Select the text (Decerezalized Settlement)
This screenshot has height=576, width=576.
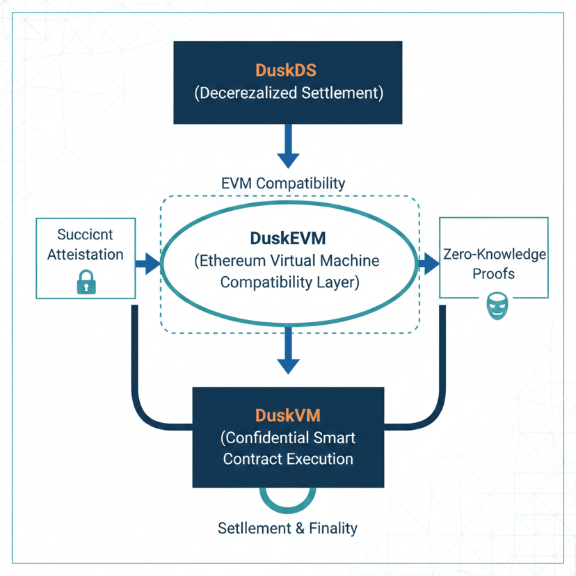pyautogui.click(x=287, y=93)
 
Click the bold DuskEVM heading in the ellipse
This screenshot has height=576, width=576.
pyautogui.click(x=288, y=239)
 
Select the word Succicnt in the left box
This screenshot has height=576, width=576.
pyautogui.click(x=85, y=234)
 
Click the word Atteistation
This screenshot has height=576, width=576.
pyautogui.click(x=85, y=255)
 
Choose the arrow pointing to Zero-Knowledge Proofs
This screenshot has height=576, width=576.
pyautogui.click(x=429, y=264)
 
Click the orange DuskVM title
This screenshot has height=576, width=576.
pyautogui.click(x=288, y=416)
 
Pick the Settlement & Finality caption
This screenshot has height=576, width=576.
pyautogui.click(x=287, y=528)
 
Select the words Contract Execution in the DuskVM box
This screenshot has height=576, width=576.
pyautogui.click(x=287, y=459)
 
